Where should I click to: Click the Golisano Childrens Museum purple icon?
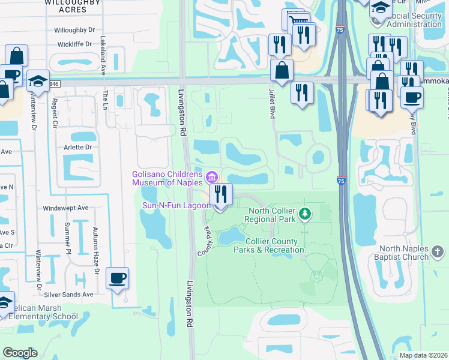pyautogui.click(x=211, y=177)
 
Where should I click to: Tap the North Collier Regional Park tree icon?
pyautogui.click(x=306, y=213)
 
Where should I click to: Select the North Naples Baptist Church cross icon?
pyautogui.click(x=438, y=251)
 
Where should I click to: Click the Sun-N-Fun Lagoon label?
pyautogui.click(x=176, y=205)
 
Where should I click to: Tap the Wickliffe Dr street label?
pyautogui.click(x=75, y=44)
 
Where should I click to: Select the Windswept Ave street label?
pyautogui.click(x=65, y=208)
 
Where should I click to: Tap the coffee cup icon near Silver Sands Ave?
pyautogui.click(x=118, y=278)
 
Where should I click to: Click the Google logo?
pyautogui.click(x=20, y=353)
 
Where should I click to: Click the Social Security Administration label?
pyautogui.click(x=410, y=20)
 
